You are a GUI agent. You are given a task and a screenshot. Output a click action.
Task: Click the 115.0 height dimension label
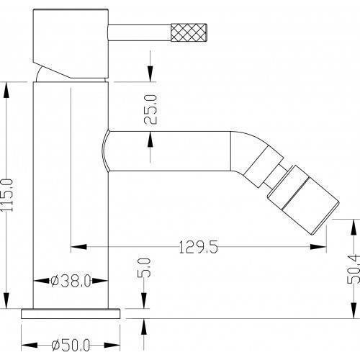tap(6, 194)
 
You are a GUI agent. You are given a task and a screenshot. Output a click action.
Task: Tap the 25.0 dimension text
tap(150, 109)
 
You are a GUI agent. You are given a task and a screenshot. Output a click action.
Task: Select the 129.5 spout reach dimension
tap(199, 247)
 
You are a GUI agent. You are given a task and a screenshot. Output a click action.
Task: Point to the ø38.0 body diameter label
tap(71, 281)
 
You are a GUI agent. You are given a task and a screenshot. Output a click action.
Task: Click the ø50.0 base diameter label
tap(71, 345)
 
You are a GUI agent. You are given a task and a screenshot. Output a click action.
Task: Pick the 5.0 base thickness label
tap(144, 268)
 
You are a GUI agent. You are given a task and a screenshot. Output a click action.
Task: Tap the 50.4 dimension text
tap(354, 269)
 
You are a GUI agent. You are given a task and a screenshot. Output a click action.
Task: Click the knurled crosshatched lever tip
tap(189, 32)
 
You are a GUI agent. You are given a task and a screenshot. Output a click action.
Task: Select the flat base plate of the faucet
tap(71, 314)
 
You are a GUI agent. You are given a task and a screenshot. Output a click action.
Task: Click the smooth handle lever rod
tap(140, 32)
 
